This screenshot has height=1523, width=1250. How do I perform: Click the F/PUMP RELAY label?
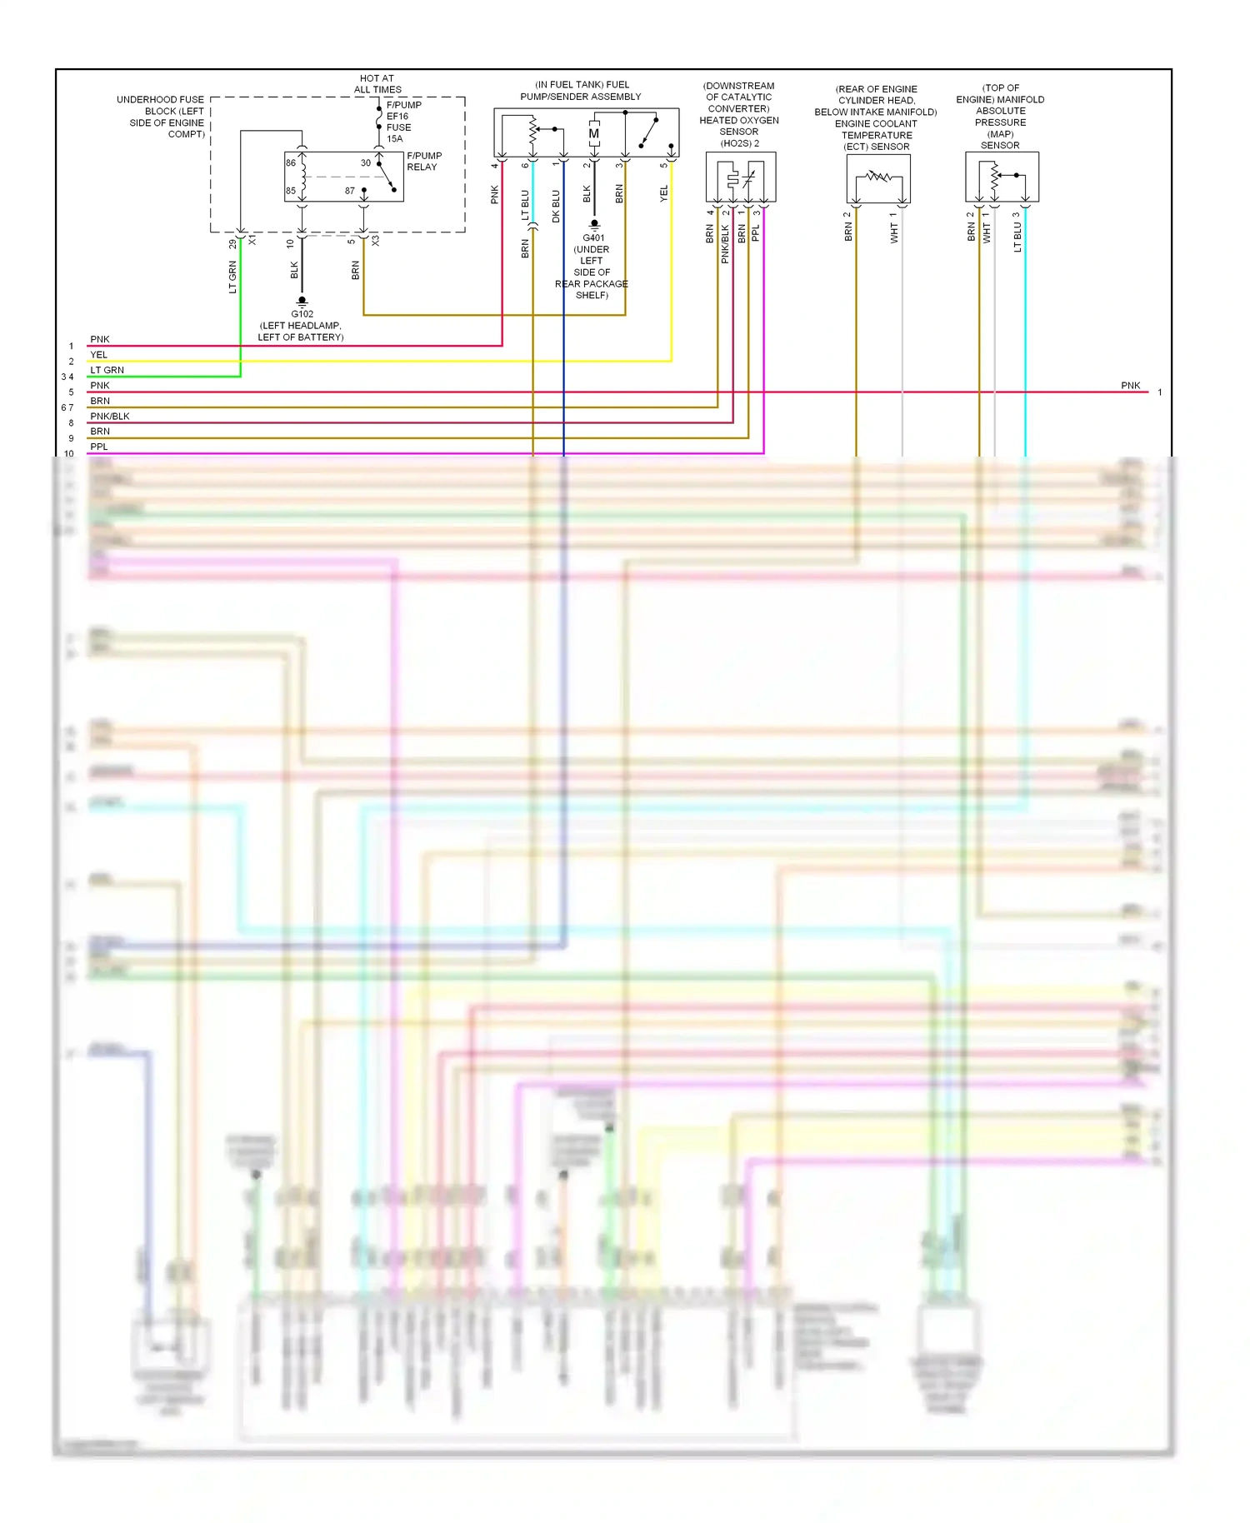[423, 162]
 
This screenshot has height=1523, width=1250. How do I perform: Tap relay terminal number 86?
[291, 163]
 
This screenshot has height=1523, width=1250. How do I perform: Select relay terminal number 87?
[350, 191]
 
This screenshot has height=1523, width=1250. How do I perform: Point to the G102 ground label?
[302, 314]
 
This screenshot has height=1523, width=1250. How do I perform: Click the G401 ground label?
[593, 238]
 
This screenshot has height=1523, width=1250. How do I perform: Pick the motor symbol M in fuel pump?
[594, 133]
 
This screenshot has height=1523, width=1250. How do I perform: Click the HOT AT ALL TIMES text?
[377, 84]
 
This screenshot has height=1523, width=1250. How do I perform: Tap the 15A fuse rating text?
[394, 139]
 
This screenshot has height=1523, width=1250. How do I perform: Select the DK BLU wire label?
[557, 206]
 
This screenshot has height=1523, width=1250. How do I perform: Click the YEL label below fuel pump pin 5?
[664, 193]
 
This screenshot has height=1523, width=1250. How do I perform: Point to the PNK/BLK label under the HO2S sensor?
[725, 244]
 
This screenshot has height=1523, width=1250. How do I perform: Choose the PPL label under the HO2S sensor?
[756, 233]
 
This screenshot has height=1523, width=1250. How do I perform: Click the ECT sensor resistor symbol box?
[878, 177]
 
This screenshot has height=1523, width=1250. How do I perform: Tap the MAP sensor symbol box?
[1002, 177]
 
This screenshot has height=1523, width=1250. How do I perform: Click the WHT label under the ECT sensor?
[894, 232]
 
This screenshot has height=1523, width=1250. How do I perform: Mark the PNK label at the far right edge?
[1130, 386]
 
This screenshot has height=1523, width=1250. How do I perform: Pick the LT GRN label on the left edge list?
[107, 370]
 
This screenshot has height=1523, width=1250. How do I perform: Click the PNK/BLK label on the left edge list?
[110, 417]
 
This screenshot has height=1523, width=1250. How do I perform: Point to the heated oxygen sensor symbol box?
[741, 177]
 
